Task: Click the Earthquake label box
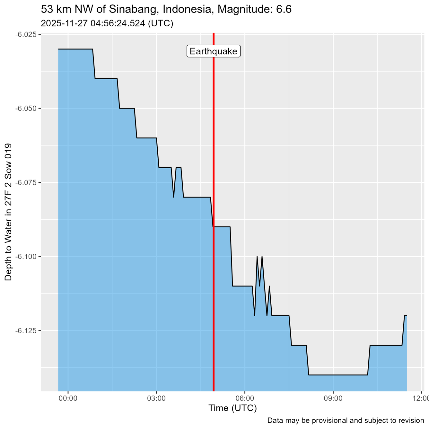[x=214, y=51]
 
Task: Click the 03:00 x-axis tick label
[x=156, y=398]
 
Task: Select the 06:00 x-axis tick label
[x=245, y=398]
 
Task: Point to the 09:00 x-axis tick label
[x=333, y=398]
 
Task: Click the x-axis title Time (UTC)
[x=232, y=408]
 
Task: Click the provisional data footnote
[x=346, y=420]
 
